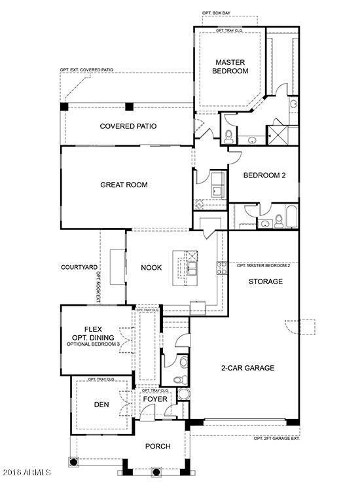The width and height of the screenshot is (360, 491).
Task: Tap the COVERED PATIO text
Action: click(128, 126)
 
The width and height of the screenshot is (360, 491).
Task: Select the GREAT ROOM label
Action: click(124, 185)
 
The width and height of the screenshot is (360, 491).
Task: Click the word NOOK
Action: click(151, 267)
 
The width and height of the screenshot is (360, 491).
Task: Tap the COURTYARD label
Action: click(79, 267)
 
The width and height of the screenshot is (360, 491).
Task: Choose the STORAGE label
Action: click(265, 282)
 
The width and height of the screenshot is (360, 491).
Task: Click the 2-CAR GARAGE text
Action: click(247, 368)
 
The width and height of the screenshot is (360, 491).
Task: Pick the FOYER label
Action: click(155, 399)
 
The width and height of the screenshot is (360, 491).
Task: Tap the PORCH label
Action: click(157, 446)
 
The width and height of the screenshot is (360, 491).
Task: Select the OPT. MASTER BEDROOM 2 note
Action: click(263, 266)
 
